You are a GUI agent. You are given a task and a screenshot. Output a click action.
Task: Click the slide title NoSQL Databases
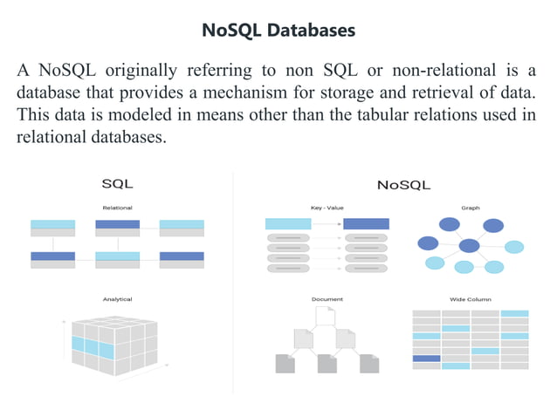(x=278, y=31)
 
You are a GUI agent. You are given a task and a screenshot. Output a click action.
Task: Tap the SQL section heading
(x=117, y=184)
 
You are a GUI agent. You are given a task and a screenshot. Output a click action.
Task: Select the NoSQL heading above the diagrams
(x=403, y=185)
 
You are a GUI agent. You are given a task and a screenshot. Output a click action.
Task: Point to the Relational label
(x=117, y=208)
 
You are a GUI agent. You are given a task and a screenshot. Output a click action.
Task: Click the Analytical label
(x=117, y=299)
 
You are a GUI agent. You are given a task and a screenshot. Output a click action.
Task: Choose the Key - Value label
(x=327, y=208)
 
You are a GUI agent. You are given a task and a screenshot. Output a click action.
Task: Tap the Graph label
(x=471, y=208)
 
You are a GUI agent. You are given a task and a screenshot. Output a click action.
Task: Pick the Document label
(x=327, y=299)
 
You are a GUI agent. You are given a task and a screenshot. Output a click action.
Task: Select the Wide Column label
(x=471, y=299)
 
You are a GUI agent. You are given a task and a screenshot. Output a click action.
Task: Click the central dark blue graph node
(x=470, y=246)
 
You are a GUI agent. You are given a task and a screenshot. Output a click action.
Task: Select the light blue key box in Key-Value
(x=287, y=224)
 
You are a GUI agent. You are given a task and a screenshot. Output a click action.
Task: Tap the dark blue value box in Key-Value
(x=366, y=224)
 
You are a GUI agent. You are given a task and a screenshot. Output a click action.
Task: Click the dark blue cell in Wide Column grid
(x=426, y=358)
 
